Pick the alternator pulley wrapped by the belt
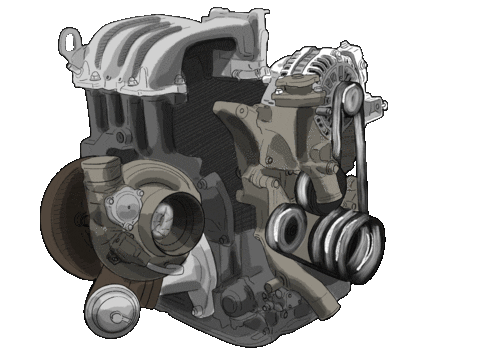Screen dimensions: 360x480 click(x=349, y=98)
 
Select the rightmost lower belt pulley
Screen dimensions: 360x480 click(x=366, y=245)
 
